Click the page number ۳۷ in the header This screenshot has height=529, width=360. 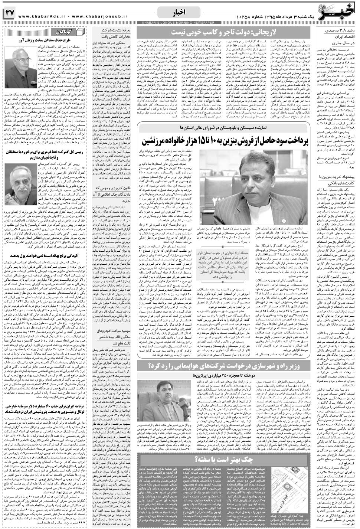[x=9, y=13]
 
